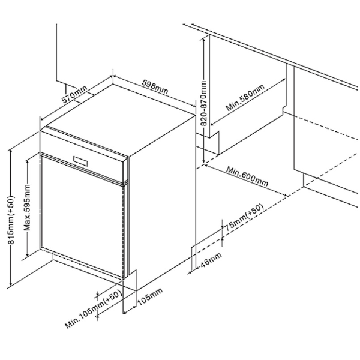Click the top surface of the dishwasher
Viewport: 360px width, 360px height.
tap(120, 120)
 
